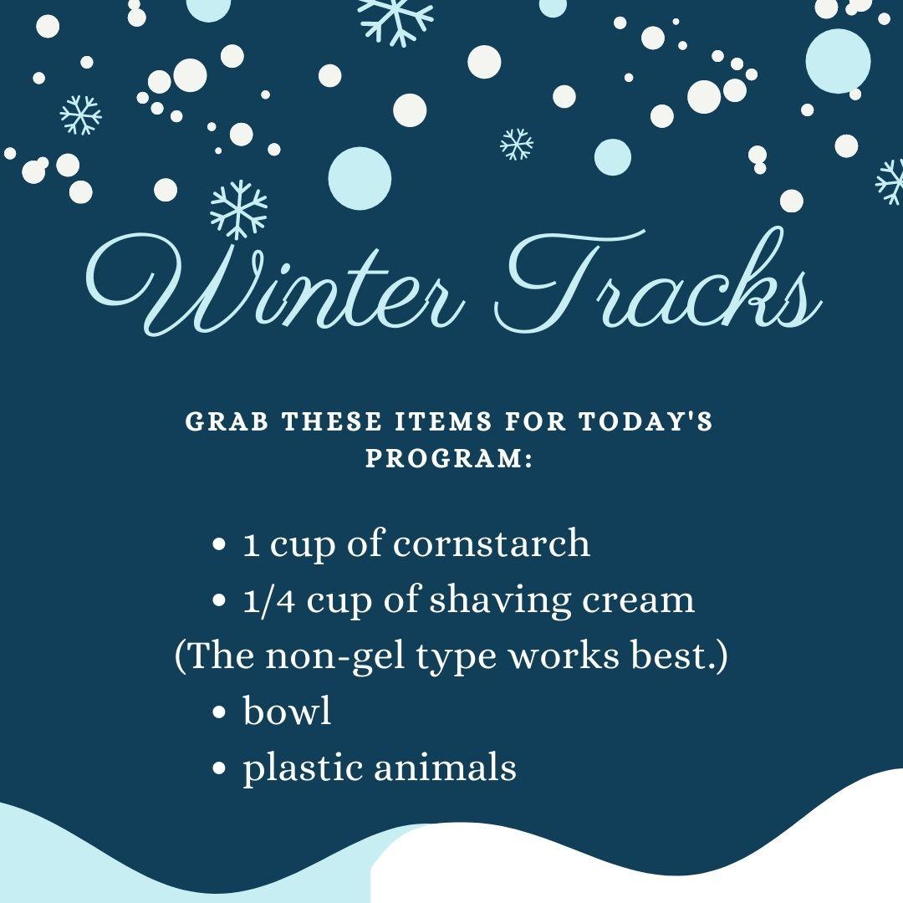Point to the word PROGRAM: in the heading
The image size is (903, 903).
pyautogui.click(x=450, y=461)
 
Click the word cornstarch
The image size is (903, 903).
pyautogui.click(x=491, y=544)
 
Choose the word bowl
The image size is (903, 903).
pyautogui.click(x=287, y=712)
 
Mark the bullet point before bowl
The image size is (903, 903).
pyautogui.click(x=220, y=713)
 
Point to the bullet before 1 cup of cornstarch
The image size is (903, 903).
pyautogui.click(x=220, y=545)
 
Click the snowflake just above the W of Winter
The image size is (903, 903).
pyautogui.click(x=238, y=208)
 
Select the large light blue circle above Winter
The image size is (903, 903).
pyautogui.click(x=360, y=177)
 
